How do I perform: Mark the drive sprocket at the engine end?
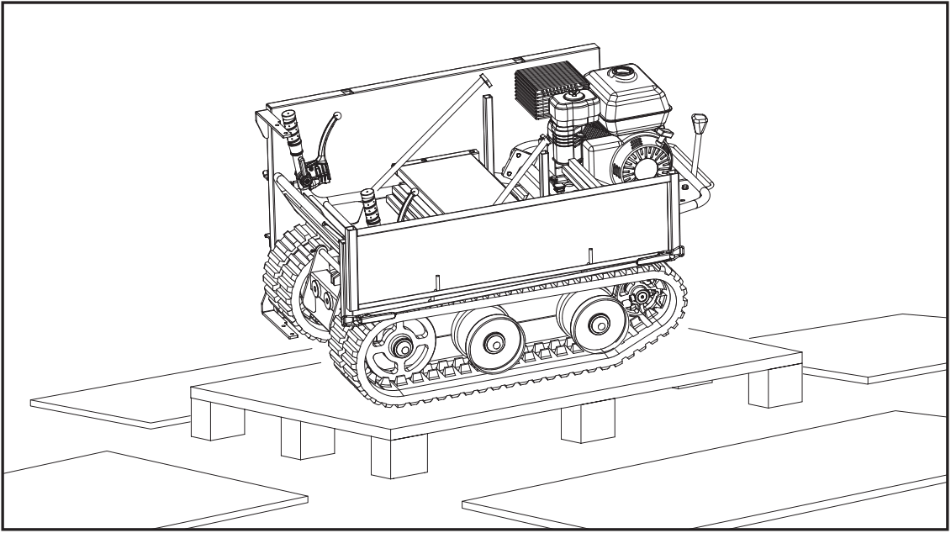tap(642, 296)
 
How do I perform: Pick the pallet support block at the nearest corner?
tap(399, 455)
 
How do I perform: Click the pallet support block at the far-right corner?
tap(764, 385)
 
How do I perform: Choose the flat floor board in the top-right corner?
tap(866, 345)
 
